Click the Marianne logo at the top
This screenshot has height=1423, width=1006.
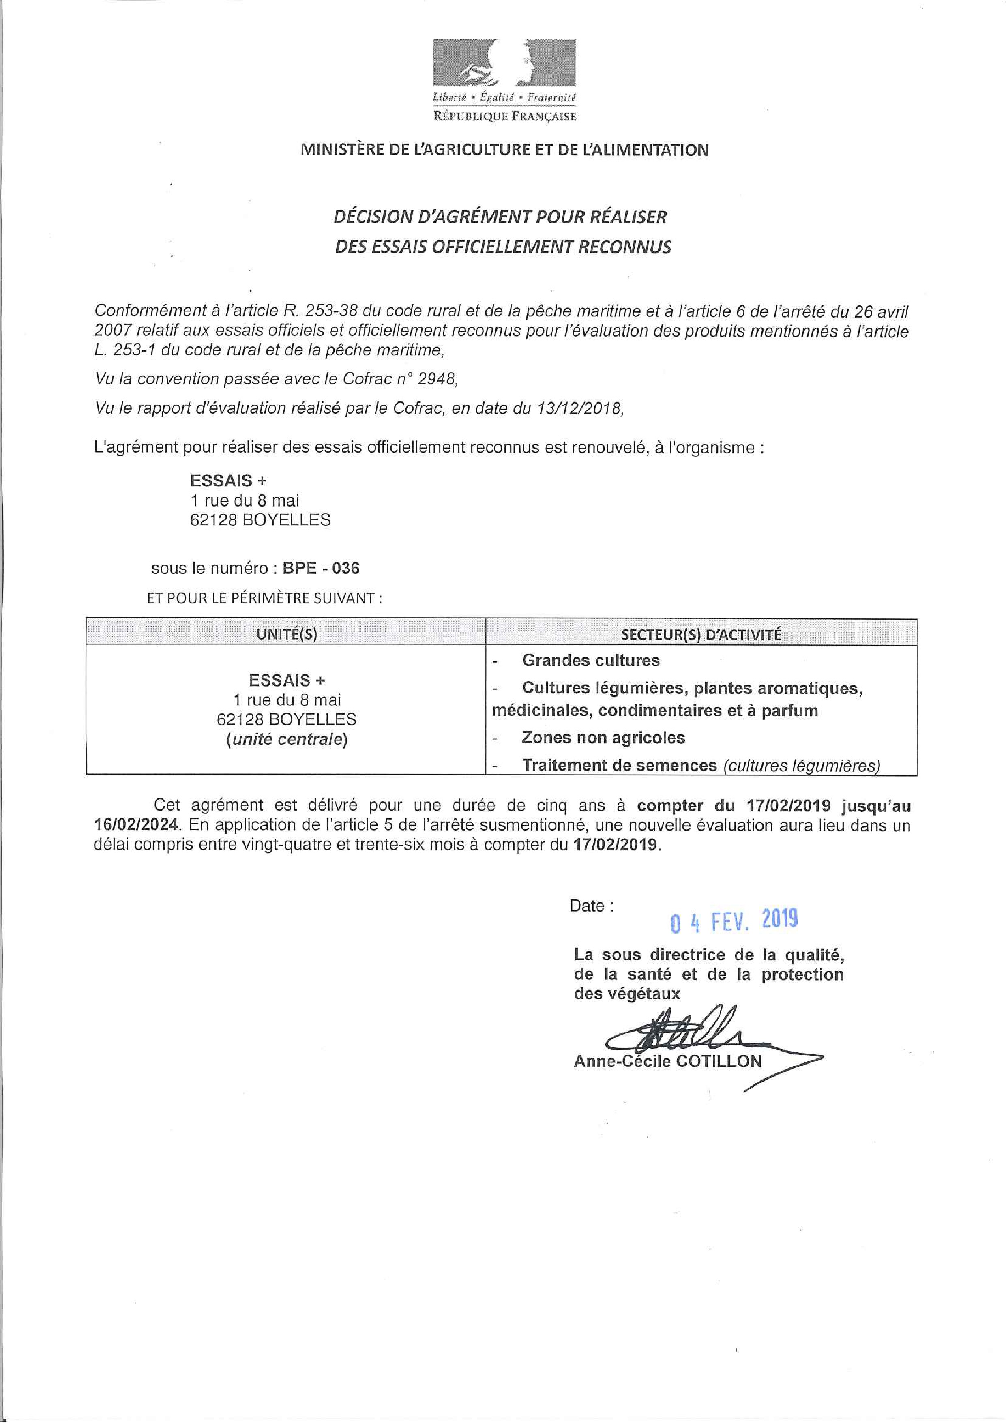tap(504, 64)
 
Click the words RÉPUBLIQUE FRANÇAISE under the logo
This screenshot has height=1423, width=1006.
tap(504, 116)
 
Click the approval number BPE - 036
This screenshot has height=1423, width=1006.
tap(320, 568)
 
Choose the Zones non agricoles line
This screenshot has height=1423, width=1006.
tap(603, 738)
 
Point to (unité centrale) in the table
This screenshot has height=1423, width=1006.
tap(286, 739)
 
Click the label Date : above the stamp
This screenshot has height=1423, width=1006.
tap(591, 906)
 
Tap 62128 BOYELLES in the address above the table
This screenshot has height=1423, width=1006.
tap(260, 519)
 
